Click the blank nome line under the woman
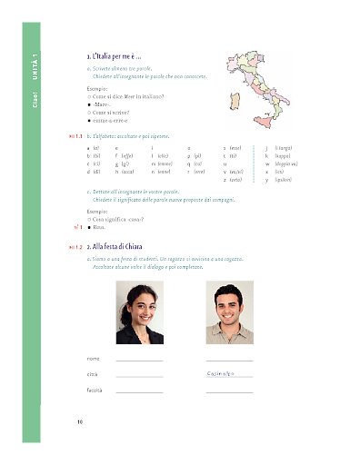(x=139, y=361)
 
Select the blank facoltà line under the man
(x=229, y=391)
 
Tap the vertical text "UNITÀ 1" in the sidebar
(x=34, y=66)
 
